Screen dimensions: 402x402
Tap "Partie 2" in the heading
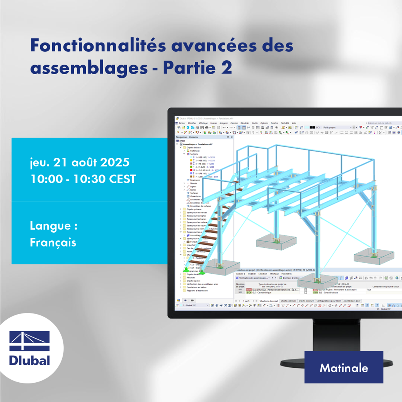(198, 68)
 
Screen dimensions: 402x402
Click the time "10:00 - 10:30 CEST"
(83, 179)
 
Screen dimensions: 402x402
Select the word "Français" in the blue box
(53, 242)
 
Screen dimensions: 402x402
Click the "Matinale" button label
(344, 368)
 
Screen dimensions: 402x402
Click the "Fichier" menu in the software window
(182, 123)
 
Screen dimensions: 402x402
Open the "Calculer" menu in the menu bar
(234, 123)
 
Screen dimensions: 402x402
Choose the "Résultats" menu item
(245, 123)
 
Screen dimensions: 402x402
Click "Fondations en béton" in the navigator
(197, 287)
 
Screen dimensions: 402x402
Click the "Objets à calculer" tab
(289, 300)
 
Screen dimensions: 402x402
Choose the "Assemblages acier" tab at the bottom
(352, 300)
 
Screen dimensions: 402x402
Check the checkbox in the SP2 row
(306, 293)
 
